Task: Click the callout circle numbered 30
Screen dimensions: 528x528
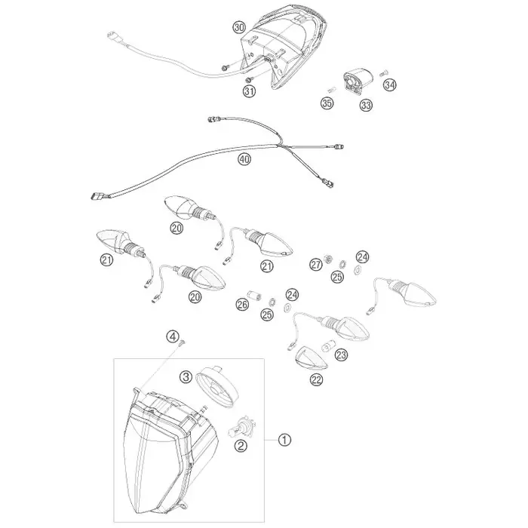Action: (x=239, y=27)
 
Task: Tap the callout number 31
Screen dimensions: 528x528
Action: (x=250, y=91)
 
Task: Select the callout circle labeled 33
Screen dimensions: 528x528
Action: (x=366, y=105)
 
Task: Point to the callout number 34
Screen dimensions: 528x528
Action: (x=390, y=84)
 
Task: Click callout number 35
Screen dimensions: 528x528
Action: (x=327, y=103)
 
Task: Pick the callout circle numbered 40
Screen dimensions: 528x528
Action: (x=244, y=158)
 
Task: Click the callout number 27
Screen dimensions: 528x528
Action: (x=316, y=265)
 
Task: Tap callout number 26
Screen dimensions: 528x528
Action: (x=242, y=305)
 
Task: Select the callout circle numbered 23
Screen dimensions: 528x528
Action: (x=341, y=355)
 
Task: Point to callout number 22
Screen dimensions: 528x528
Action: (x=316, y=380)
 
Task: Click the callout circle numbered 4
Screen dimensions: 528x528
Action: (x=173, y=336)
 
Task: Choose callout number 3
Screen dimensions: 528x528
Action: (x=186, y=376)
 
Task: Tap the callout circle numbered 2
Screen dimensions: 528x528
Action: (x=241, y=447)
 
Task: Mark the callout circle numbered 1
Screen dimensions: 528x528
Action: (x=284, y=440)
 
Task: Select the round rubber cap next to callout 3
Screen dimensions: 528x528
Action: (x=217, y=385)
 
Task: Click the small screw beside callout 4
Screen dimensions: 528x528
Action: (x=183, y=343)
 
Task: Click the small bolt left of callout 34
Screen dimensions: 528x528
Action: (x=383, y=73)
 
